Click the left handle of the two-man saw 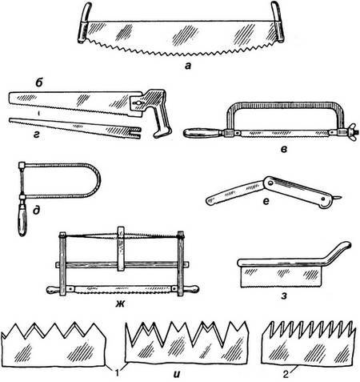[84, 23]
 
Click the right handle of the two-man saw [278, 22]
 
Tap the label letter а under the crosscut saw [188, 66]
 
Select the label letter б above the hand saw [39, 83]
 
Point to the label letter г [36, 135]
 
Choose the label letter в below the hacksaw [284, 150]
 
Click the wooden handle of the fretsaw [22, 219]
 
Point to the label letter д [37, 211]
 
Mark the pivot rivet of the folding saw [270, 183]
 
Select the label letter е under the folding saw [266, 201]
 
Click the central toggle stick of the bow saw [121, 249]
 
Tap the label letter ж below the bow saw [120, 304]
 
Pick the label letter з [284, 296]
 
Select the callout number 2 [286, 375]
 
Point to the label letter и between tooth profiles [177, 374]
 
